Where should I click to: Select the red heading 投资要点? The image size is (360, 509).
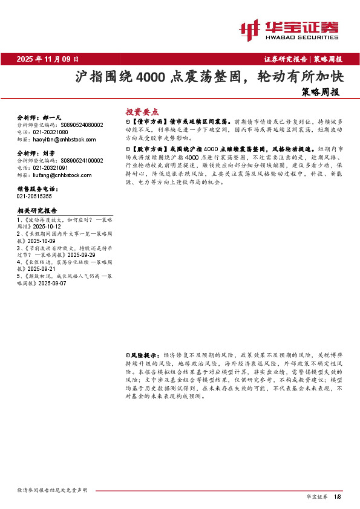(142, 112)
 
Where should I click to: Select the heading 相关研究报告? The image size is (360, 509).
(37, 210)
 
